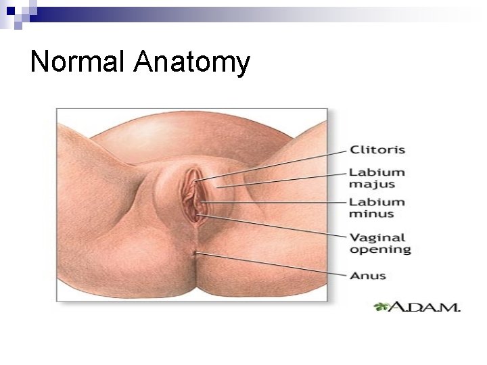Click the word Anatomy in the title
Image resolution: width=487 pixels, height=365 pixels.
191,64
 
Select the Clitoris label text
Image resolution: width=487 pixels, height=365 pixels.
377,149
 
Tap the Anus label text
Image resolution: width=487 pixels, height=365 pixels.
367,275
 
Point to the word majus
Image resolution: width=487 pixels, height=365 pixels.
371,185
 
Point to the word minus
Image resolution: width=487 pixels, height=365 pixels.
371,214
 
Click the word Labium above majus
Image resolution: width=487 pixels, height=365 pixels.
376,172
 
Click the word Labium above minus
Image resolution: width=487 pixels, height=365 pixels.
376,202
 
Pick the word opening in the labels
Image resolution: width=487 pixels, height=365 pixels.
379,249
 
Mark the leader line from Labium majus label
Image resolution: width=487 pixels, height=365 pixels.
284,180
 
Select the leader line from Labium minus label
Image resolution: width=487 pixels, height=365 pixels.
277,202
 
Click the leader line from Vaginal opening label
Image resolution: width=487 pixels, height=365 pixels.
277,226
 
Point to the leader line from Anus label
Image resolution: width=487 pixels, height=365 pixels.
271,264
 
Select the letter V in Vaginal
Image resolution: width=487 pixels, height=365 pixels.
354,237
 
